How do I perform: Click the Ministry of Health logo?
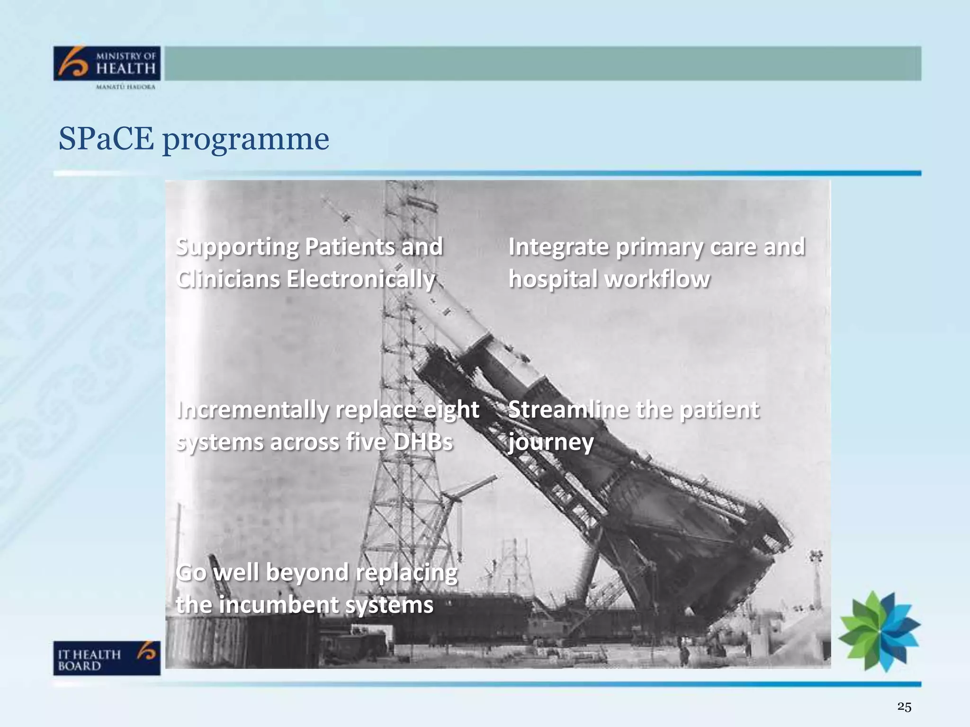pyautogui.click(x=107, y=63)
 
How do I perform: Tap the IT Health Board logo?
pyautogui.click(x=107, y=658)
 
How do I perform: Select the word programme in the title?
pyautogui.click(x=245, y=140)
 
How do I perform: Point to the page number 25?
pyautogui.click(x=904, y=707)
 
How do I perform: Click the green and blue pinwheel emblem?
pyautogui.click(x=880, y=631)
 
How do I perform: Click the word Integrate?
pyautogui.click(x=558, y=247)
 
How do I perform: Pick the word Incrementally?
pyautogui.click(x=252, y=410)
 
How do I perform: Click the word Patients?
pyautogui.click(x=350, y=247)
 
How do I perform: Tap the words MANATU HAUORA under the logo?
pyautogui.click(x=126, y=87)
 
